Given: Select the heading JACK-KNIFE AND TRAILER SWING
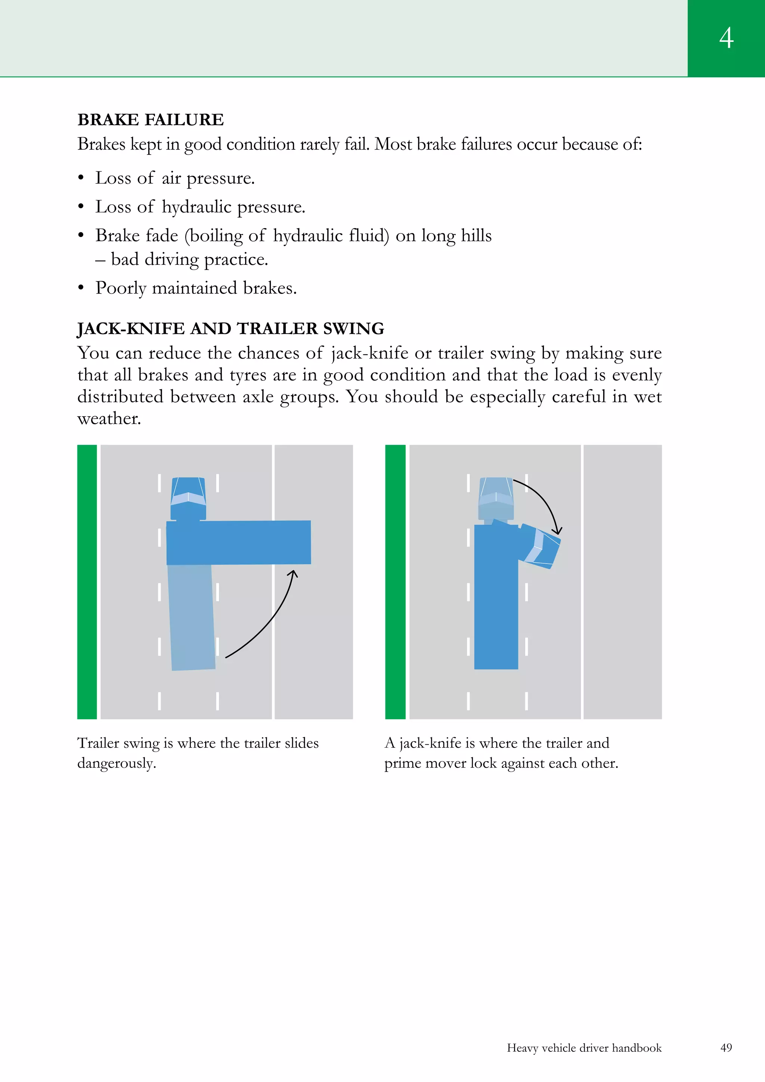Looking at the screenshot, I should click(230, 328).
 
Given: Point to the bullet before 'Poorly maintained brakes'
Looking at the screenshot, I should click(81, 288).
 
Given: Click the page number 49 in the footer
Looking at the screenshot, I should click(726, 1048).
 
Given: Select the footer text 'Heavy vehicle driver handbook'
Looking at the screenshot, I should click(584, 1048).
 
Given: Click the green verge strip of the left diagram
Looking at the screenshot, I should click(87, 582).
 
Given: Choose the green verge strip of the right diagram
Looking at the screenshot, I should click(395, 582).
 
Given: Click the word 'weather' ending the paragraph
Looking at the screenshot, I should click(109, 418).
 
